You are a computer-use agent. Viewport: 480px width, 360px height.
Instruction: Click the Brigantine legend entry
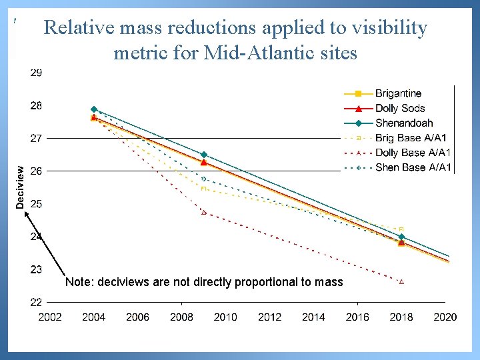coord(398,93)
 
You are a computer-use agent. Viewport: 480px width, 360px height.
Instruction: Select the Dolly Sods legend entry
coord(399,108)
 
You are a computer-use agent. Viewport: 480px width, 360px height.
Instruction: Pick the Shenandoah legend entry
coord(403,123)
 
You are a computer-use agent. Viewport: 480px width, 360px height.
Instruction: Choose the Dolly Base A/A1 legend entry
coord(413,153)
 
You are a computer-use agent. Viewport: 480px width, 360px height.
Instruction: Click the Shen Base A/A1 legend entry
coord(413,167)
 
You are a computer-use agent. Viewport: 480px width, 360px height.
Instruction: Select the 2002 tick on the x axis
coord(50,317)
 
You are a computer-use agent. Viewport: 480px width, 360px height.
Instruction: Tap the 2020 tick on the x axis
coord(445,317)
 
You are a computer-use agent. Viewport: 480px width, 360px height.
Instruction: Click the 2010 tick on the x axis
coord(225,317)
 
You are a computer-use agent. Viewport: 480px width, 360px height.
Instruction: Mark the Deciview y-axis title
coord(21,187)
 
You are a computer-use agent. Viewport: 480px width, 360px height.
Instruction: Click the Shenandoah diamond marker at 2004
coord(94,109)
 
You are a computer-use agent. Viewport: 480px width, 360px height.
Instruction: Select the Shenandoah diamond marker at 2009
coord(204,155)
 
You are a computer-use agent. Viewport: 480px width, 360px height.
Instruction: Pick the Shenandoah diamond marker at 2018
coord(401,237)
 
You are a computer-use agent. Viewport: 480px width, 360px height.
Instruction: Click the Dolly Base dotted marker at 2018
coord(401,282)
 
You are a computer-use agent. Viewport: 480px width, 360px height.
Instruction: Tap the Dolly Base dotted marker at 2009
coord(204,213)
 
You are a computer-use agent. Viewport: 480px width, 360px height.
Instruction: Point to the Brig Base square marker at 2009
coord(204,189)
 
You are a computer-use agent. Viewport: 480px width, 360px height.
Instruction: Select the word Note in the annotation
coord(79,282)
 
